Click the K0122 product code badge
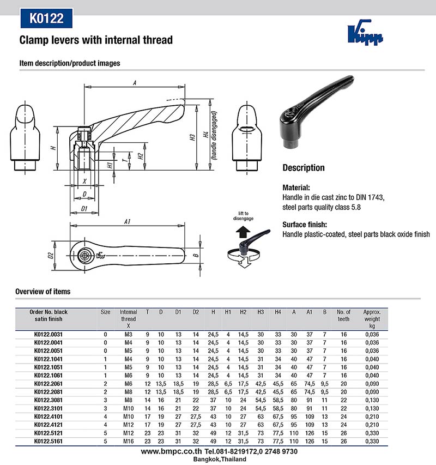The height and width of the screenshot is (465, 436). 47,19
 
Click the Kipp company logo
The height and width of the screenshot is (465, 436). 365,34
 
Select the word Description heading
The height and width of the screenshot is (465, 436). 303,168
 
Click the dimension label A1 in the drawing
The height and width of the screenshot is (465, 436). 128,222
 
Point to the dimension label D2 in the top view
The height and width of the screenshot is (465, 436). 50,255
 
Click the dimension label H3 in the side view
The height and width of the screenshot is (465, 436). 193,138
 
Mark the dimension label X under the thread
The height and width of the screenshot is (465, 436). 84,180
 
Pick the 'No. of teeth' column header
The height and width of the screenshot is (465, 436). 344,315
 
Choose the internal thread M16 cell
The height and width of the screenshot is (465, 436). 128,441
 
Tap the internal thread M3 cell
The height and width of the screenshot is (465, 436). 128,335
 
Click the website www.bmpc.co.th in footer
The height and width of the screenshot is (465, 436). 171,452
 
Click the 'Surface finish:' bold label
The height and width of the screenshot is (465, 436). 305,224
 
